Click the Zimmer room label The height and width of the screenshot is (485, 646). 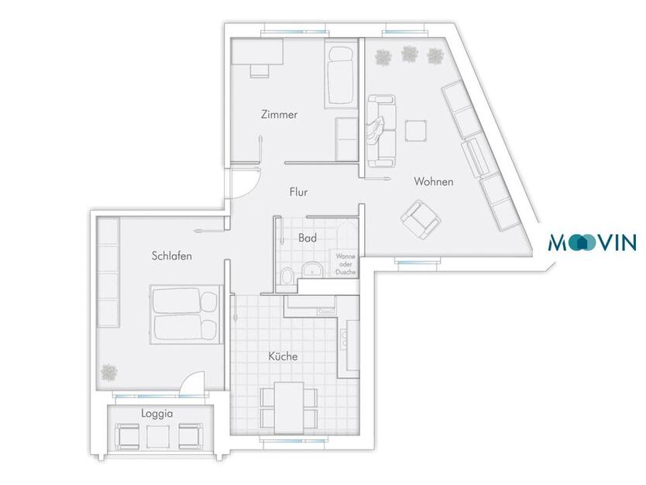click(x=279, y=114)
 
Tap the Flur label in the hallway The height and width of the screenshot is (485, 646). click(x=298, y=191)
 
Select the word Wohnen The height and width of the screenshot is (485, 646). click(x=434, y=181)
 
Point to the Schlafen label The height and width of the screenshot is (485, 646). click(x=171, y=256)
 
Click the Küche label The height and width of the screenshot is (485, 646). click(x=283, y=356)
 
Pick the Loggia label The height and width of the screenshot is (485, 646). click(x=157, y=413)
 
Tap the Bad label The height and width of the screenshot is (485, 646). click(x=308, y=238)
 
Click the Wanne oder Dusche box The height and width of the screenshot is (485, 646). click(x=345, y=263)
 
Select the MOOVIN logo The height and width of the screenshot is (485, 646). click(x=593, y=242)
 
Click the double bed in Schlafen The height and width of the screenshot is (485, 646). click(x=186, y=314)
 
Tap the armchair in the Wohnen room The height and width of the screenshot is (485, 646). click(x=421, y=219)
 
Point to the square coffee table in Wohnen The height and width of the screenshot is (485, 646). click(x=416, y=131)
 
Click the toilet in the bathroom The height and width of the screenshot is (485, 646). click(x=287, y=275)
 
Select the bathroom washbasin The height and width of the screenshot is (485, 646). click(x=313, y=270)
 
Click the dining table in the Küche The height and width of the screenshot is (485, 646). click(x=289, y=408)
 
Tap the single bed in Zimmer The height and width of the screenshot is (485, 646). click(x=340, y=75)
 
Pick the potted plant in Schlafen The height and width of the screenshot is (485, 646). click(x=109, y=373)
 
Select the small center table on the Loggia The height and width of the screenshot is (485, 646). click(x=158, y=437)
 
